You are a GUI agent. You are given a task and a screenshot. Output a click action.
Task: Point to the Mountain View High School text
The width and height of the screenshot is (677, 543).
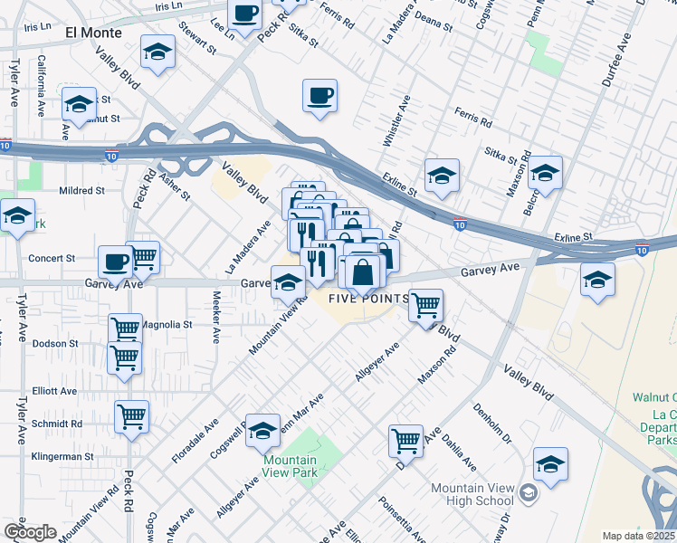[x=472, y=495]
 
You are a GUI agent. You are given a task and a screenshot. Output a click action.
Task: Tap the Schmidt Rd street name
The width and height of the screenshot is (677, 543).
[x=56, y=424]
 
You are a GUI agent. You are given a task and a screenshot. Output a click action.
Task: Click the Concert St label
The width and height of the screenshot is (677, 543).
[x=51, y=258]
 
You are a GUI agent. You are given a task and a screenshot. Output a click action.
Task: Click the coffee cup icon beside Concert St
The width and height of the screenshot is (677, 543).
[x=115, y=262]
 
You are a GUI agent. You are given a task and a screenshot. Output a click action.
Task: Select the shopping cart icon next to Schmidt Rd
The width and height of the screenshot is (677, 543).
[x=132, y=417]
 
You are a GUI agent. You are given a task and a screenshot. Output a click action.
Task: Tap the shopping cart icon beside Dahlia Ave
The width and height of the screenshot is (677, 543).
[x=406, y=442]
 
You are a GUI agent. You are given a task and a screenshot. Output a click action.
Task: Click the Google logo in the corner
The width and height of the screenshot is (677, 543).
[x=30, y=532]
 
